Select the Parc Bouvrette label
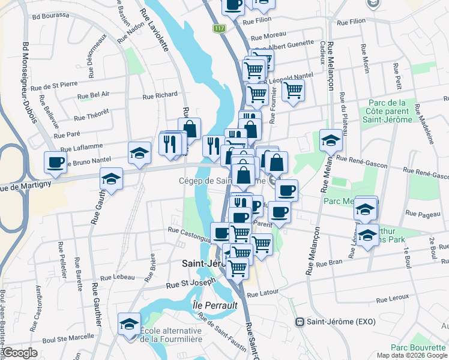coord(416,347)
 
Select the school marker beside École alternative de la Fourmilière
coord(128,325)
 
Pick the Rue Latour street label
coord(259,294)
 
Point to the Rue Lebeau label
coord(117,277)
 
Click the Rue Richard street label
coord(160,95)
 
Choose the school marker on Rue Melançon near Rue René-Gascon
coord(331,141)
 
